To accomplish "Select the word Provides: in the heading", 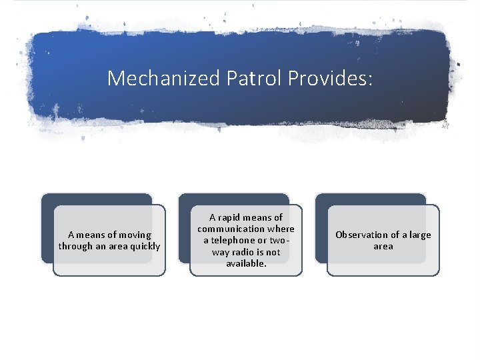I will pyautogui.click(x=331, y=79).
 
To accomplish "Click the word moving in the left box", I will pyautogui.click(x=135, y=235).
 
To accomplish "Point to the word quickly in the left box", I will pyautogui.click(x=144, y=246).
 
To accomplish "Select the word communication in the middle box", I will pyautogui.click(x=231, y=229).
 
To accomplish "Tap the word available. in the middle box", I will pyautogui.click(x=246, y=263).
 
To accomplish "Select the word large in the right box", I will pyautogui.click(x=419, y=235).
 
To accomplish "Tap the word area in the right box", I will pyautogui.click(x=383, y=246).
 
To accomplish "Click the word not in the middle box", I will pyautogui.click(x=273, y=252).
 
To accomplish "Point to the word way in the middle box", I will pyautogui.click(x=221, y=252).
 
